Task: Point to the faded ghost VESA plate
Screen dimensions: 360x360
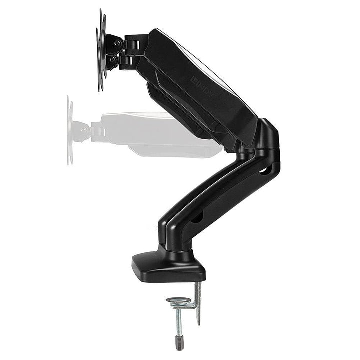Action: [70, 131]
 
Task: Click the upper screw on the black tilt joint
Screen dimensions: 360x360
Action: [117, 44]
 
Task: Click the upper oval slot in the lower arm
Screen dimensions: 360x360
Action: [263, 172]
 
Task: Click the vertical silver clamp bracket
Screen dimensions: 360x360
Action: [198, 302]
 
